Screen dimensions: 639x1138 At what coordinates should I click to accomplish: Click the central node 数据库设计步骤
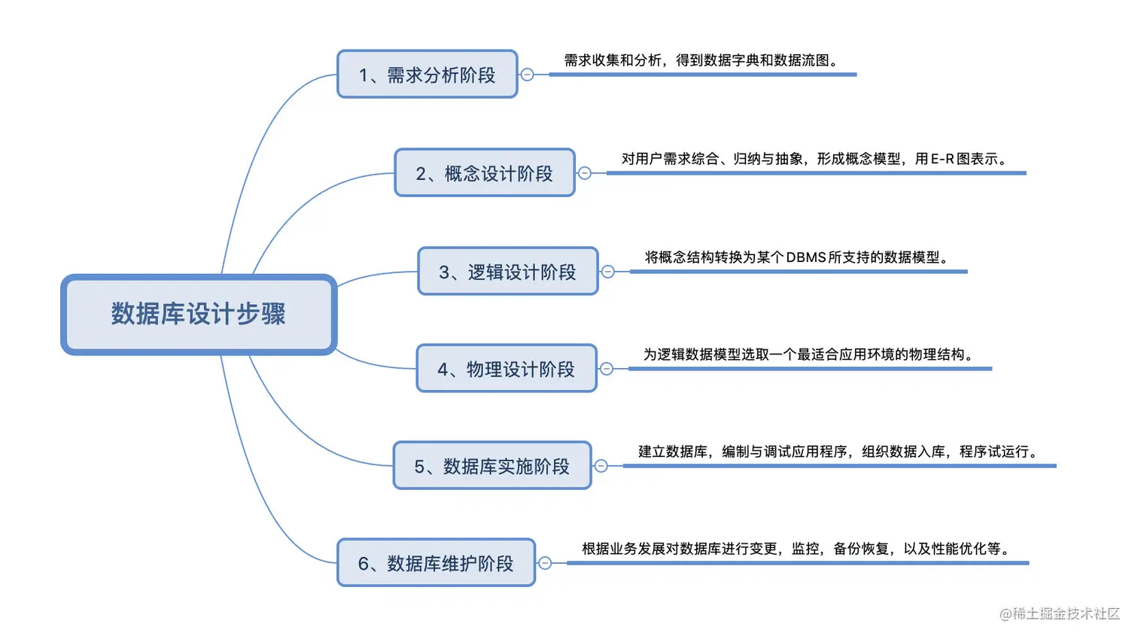pos(199,314)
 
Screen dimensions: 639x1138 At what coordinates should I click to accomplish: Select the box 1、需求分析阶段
pos(427,75)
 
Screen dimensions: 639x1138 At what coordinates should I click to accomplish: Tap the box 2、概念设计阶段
pos(484,173)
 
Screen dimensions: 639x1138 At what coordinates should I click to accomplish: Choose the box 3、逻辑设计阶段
pos(507,272)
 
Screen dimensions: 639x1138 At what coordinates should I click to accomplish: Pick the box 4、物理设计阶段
pos(506,369)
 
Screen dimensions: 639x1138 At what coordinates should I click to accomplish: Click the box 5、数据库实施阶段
pos(491,466)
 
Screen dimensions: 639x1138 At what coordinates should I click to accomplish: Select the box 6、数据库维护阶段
pos(436,563)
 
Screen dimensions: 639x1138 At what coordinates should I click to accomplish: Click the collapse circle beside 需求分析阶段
pos(528,75)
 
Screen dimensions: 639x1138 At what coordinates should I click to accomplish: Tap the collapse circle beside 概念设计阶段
pos(585,173)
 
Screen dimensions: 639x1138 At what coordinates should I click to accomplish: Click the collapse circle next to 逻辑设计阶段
pos(608,272)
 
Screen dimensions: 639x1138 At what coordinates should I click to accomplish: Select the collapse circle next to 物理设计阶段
pos(607,369)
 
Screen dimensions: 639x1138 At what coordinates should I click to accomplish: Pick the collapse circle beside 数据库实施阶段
pos(601,466)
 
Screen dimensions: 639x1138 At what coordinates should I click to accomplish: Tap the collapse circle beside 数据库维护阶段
pos(545,563)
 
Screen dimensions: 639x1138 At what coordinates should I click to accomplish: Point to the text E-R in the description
pos(942,159)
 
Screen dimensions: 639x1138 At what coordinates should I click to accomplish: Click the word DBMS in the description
pos(806,257)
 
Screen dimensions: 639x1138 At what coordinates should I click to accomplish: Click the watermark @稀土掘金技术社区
pos(1060,613)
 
